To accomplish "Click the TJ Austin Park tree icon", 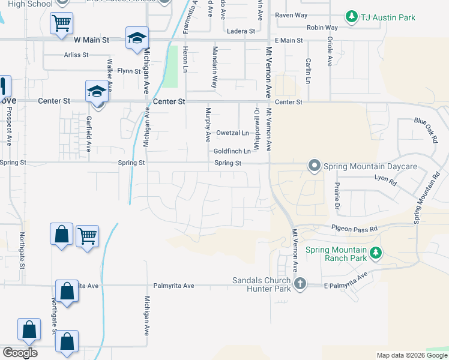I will pyautogui.click(x=351, y=17).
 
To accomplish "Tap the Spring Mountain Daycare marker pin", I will pyautogui.click(x=314, y=166).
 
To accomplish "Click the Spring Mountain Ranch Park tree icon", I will pyautogui.click(x=376, y=253).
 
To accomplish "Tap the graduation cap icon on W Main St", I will pyautogui.click(x=137, y=38).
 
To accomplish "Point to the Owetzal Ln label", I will pyautogui.click(x=232, y=133).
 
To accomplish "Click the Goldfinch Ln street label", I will pyautogui.click(x=232, y=151).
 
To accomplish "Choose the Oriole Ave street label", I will pyautogui.click(x=330, y=51).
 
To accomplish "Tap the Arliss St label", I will pyautogui.click(x=76, y=55).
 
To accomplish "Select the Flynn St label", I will pyautogui.click(x=129, y=71).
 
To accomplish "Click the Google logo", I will pyautogui.click(x=20, y=352).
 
